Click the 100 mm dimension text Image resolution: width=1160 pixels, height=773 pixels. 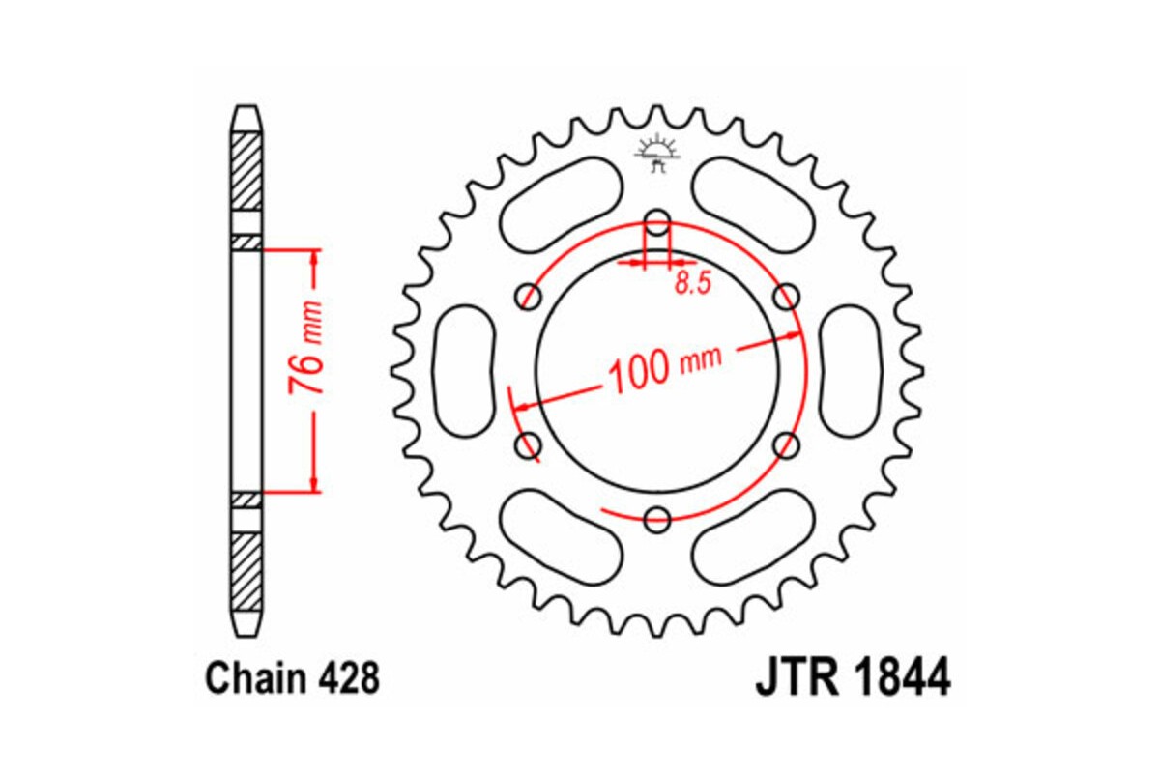(x=666, y=366)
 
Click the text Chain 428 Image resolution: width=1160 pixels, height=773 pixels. (x=292, y=679)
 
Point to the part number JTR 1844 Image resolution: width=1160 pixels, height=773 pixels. (x=852, y=677)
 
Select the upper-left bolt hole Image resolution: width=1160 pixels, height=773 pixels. (x=529, y=296)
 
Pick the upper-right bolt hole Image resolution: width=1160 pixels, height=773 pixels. (x=788, y=296)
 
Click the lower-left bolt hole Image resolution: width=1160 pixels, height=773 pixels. (x=529, y=445)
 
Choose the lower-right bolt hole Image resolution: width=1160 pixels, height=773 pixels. (x=788, y=445)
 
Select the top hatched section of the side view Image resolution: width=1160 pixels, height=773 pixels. (x=247, y=169)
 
